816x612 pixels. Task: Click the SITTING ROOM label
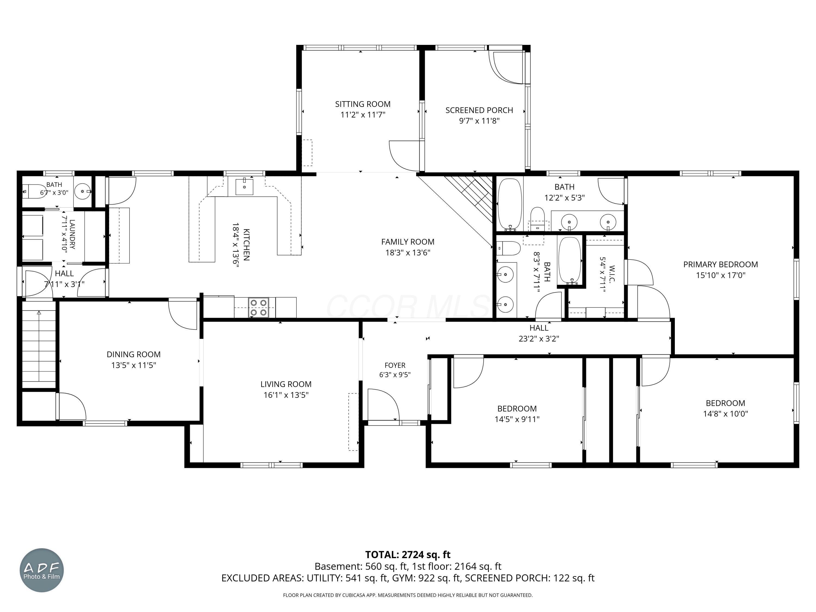coord(363,104)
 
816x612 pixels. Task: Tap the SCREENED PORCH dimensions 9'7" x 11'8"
coord(479,120)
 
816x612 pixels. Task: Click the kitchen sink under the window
coord(244,186)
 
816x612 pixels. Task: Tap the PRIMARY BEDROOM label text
coord(721,264)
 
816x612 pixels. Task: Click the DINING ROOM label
coord(134,354)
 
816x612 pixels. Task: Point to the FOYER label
coord(395,365)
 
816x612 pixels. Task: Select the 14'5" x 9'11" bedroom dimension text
coord(517,419)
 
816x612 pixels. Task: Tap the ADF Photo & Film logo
coord(42,570)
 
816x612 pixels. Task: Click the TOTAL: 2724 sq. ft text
coord(408,554)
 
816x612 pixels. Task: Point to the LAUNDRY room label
coord(72,234)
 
